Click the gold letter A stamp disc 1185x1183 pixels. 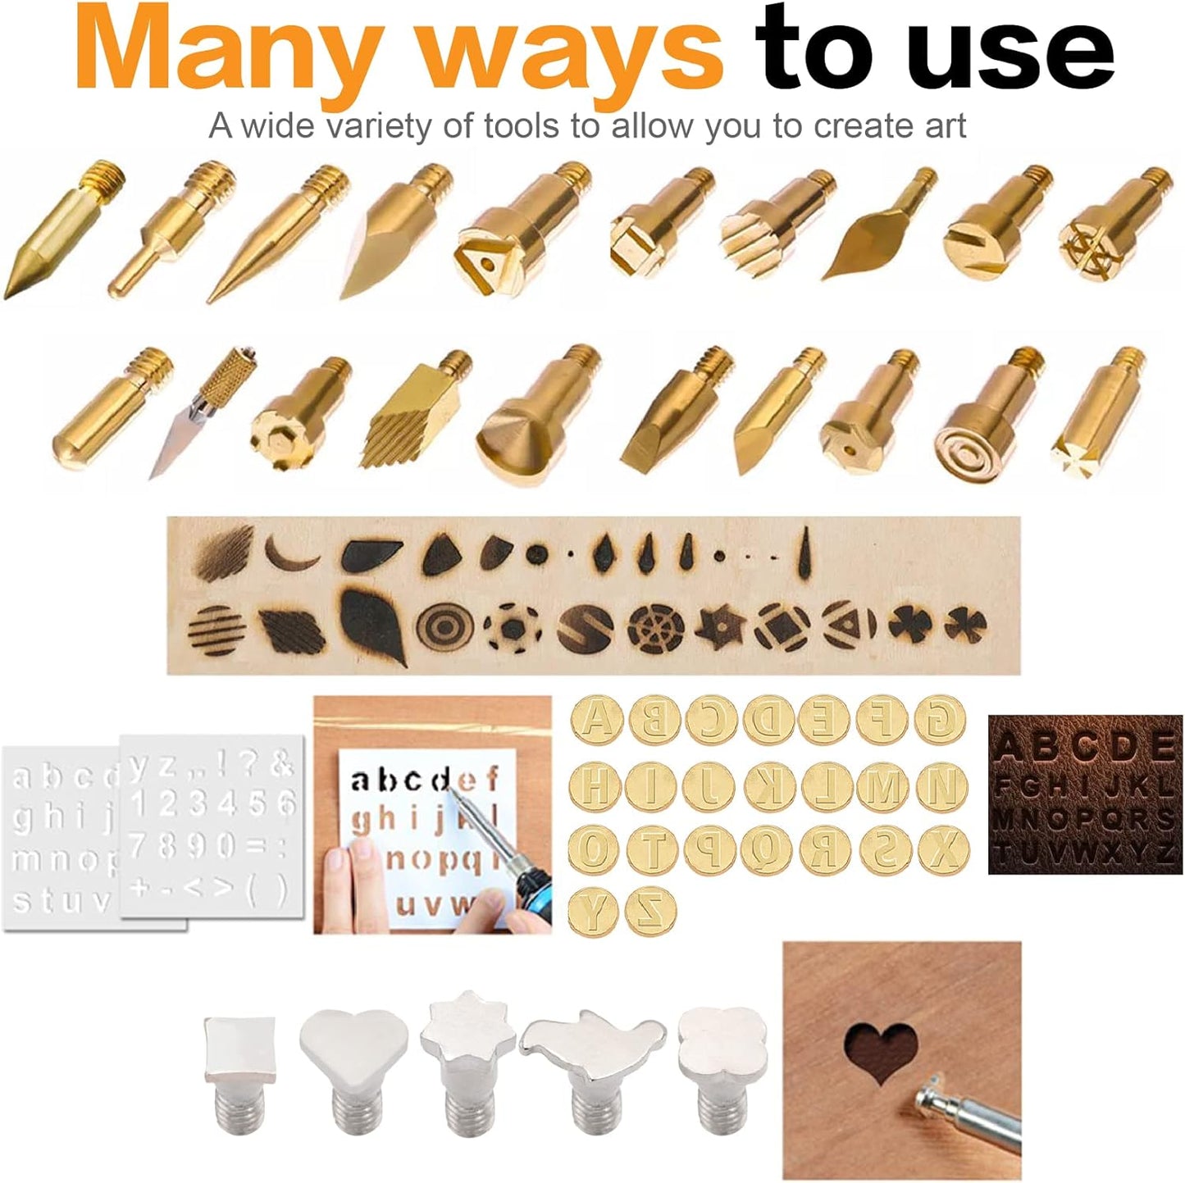coord(595,720)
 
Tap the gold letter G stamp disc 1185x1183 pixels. coord(941,720)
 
